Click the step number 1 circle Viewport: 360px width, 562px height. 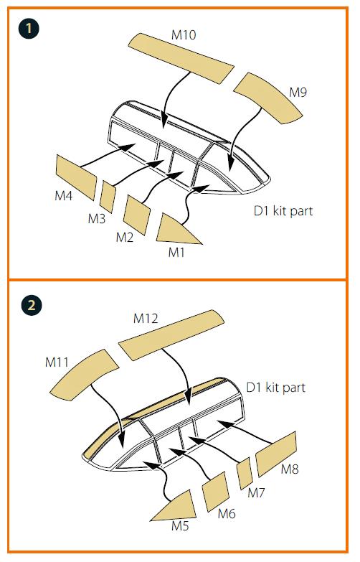[28, 28]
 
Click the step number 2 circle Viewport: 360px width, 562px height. [32, 305]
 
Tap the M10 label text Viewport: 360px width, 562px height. [184, 35]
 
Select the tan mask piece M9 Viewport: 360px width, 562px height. [267, 98]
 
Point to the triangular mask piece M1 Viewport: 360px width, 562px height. [175, 231]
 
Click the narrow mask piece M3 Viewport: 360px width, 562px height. [108, 197]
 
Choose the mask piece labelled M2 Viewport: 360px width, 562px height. [136, 215]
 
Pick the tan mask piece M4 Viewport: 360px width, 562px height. [76, 177]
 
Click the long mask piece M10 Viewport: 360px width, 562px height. [181, 58]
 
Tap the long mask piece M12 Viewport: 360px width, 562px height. [171, 335]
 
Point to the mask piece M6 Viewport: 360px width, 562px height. [215, 492]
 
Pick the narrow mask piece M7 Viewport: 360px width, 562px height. [245, 473]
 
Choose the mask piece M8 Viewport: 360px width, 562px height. [276, 454]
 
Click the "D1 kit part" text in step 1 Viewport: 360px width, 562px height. [283, 211]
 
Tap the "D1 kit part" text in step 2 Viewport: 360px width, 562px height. [275, 388]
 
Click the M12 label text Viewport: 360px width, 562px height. [146, 318]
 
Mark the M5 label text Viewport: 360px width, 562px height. [180, 526]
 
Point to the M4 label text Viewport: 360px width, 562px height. [63, 196]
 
